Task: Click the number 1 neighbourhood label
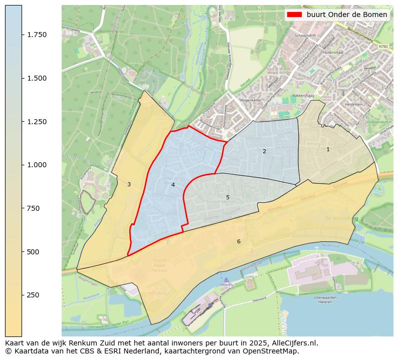[328, 149]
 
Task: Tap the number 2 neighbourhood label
[264, 151]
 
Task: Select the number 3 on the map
[129, 184]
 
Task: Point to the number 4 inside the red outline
[173, 185]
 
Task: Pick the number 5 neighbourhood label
[228, 197]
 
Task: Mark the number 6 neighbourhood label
[239, 241]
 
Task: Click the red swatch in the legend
[295, 15]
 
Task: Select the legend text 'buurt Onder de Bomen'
[347, 15]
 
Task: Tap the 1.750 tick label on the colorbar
[37, 35]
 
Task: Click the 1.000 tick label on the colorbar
[37, 165]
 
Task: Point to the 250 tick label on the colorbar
[34, 295]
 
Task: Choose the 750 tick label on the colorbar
[34, 208]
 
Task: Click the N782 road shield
[383, 46]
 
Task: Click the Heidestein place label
[353, 104]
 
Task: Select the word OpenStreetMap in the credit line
[274, 351]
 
